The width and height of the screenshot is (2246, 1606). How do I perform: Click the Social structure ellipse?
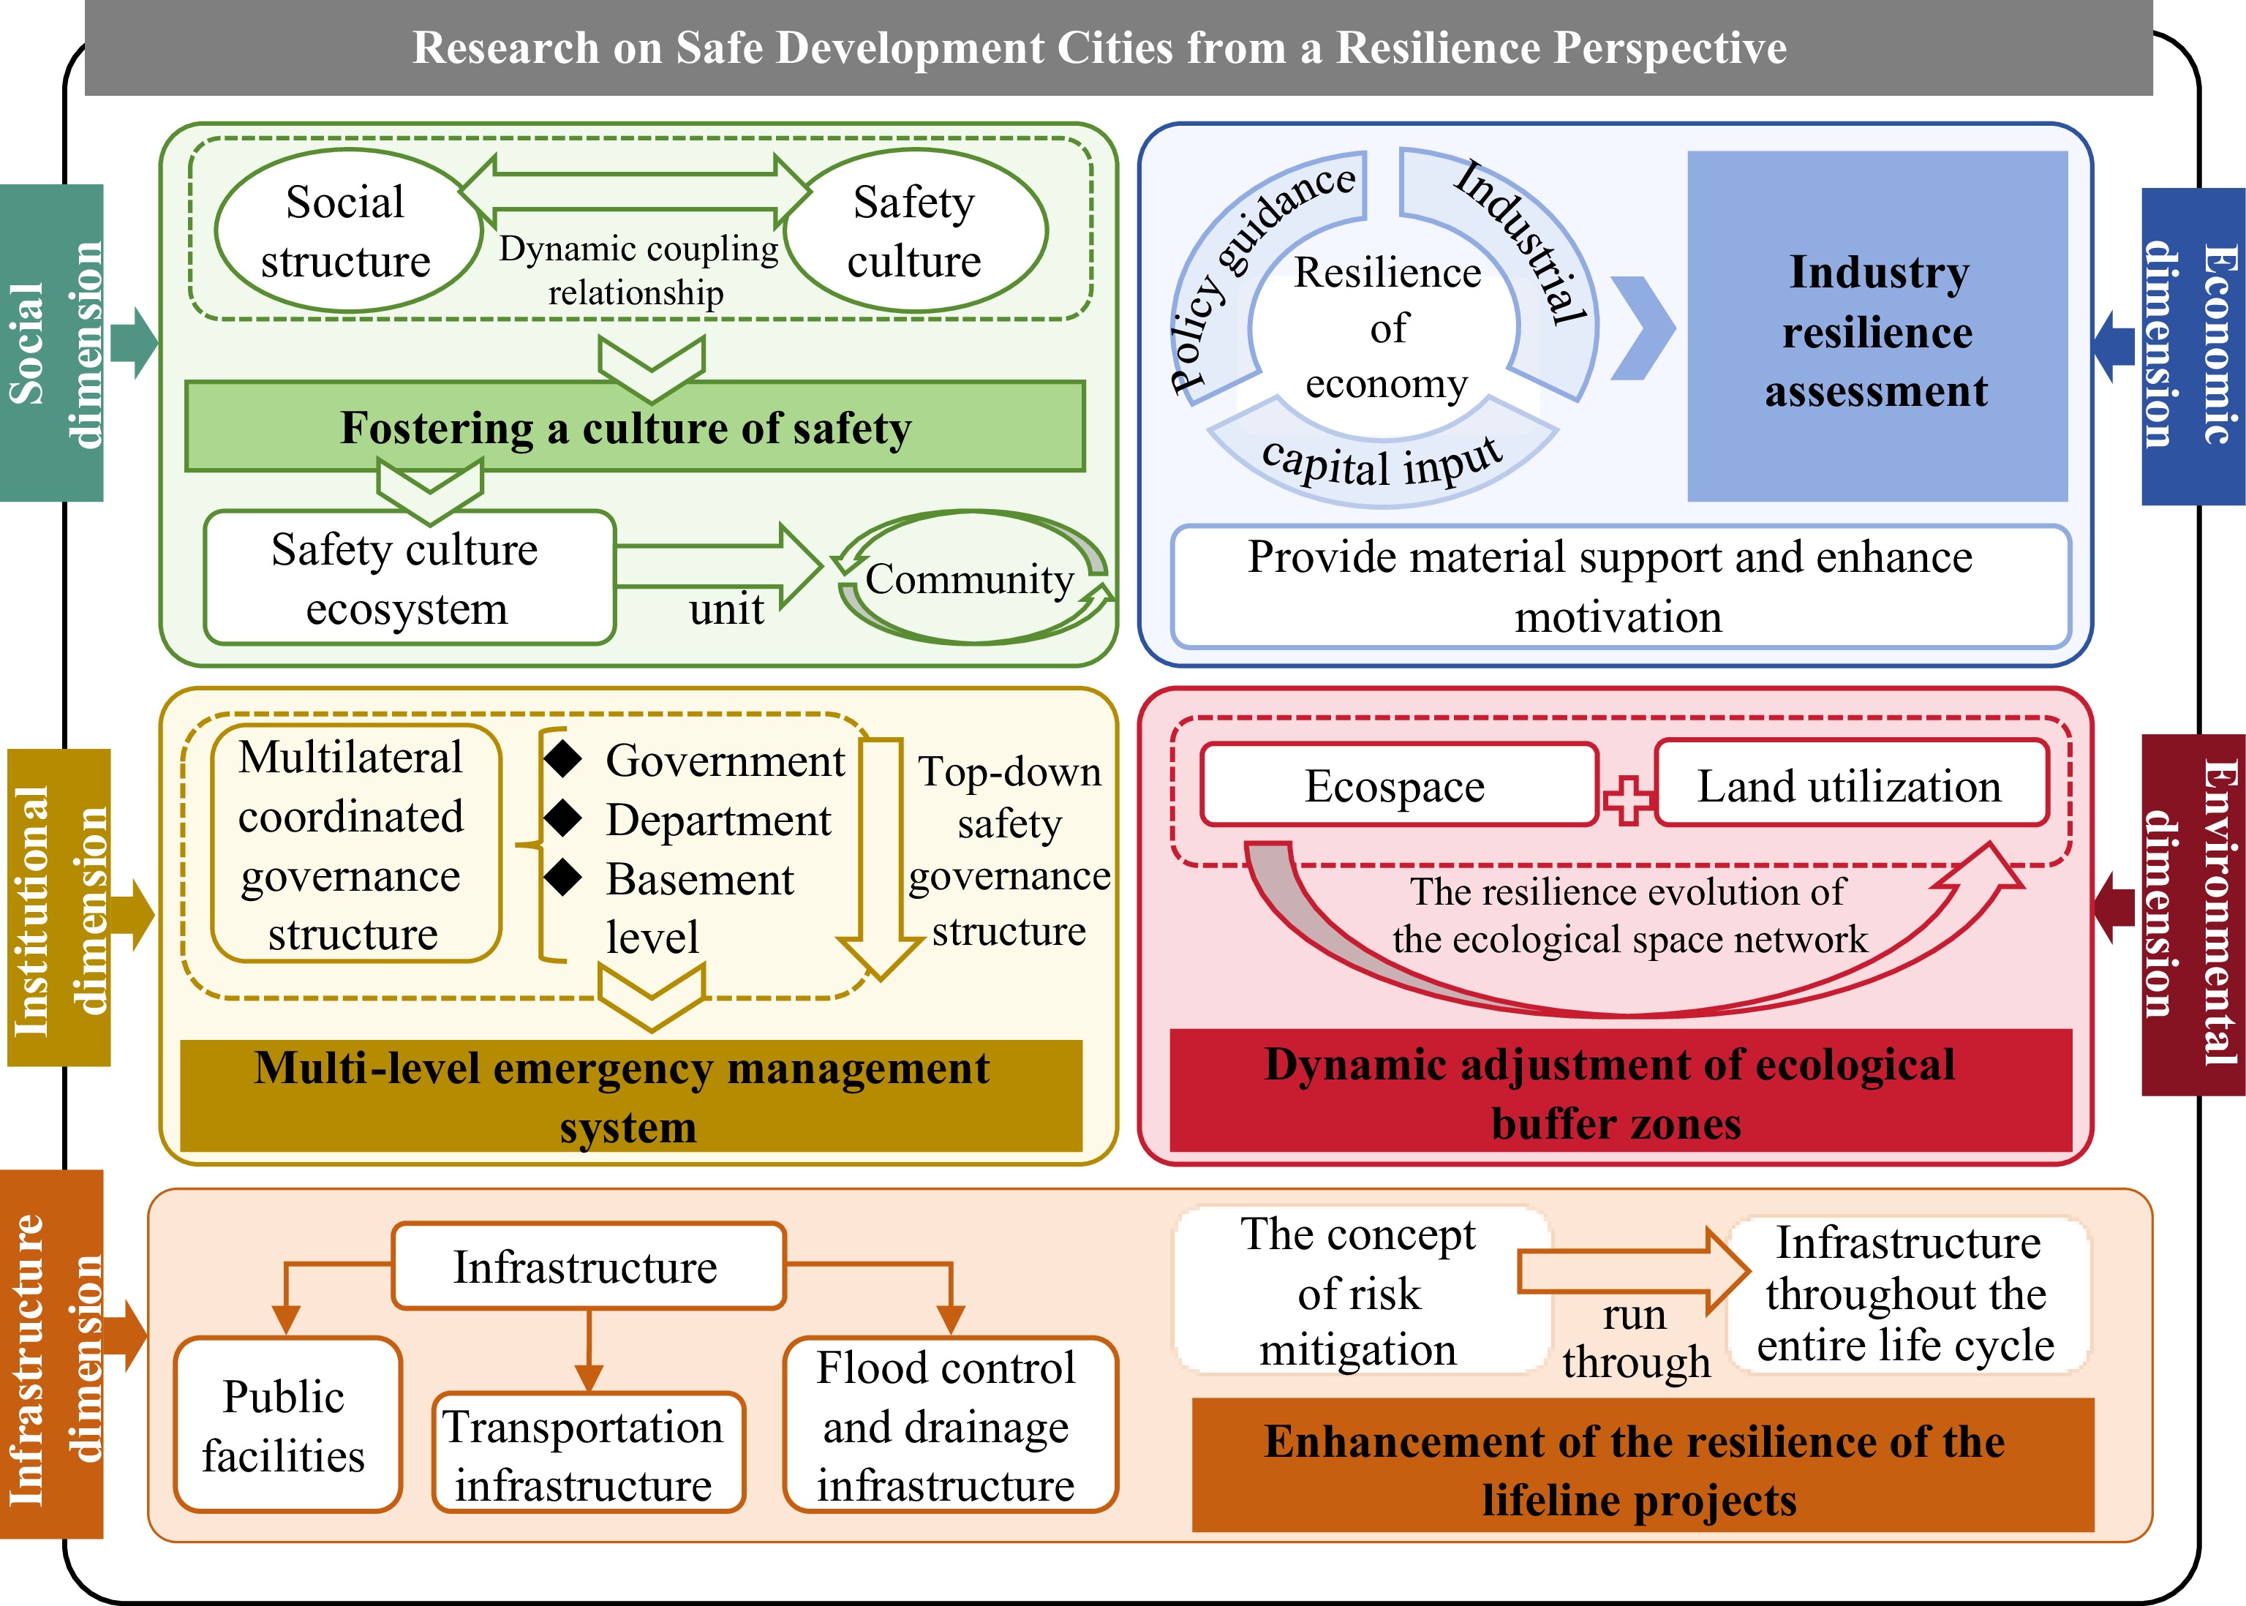(x=346, y=231)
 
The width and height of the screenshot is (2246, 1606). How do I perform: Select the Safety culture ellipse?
(x=915, y=231)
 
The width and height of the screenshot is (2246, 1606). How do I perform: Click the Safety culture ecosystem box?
(x=408, y=578)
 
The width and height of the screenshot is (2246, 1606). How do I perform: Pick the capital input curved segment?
(x=1382, y=461)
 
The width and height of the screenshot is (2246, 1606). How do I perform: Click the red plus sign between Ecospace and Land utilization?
(x=1627, y=799)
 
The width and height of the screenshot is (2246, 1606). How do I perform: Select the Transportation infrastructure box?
(x=587, y=1454)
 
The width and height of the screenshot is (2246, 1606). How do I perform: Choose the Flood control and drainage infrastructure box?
(x=947, y=1425)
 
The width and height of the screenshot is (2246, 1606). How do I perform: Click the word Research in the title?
(x=505, y=48)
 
